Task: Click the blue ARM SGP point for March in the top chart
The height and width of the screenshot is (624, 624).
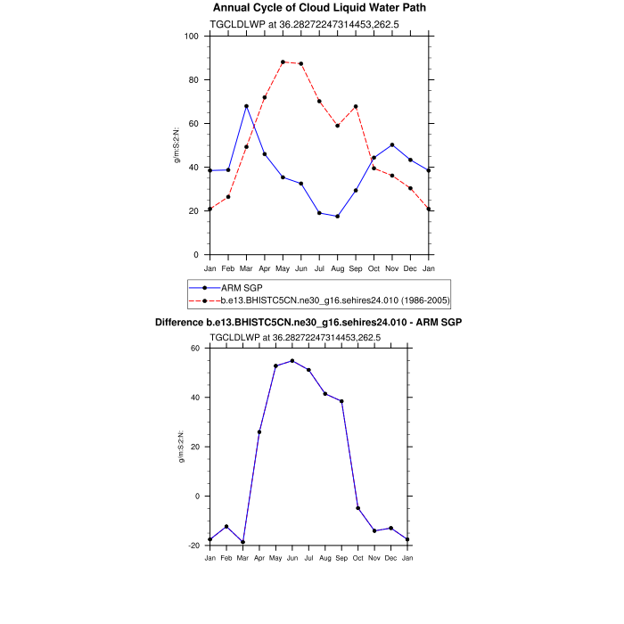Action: click(246, 106)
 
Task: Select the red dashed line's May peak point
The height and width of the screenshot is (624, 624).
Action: click(283, 62)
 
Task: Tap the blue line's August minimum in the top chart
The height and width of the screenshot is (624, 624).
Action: click(337, 217)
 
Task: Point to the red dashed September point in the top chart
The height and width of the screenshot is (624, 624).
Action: click(356, 106)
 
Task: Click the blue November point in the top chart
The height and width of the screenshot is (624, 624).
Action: click(392, 144)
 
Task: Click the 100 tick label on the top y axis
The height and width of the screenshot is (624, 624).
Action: click(191, 37)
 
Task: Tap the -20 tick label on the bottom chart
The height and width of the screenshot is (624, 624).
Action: click(192, 546)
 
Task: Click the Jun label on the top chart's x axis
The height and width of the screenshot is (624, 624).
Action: click(300, 267)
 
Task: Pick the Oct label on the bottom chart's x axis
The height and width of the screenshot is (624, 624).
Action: click(358, 558)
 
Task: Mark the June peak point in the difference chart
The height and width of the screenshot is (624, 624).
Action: click(292, 361)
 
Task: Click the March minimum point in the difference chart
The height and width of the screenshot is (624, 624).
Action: click(242, 542)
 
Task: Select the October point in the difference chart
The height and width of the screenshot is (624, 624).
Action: click(358, 508)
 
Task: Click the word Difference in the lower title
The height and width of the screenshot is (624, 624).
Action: click(185, 322)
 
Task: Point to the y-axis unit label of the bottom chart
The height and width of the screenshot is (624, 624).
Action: click(181, 447)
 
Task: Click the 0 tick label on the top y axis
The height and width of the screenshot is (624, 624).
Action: click(196, 255)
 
